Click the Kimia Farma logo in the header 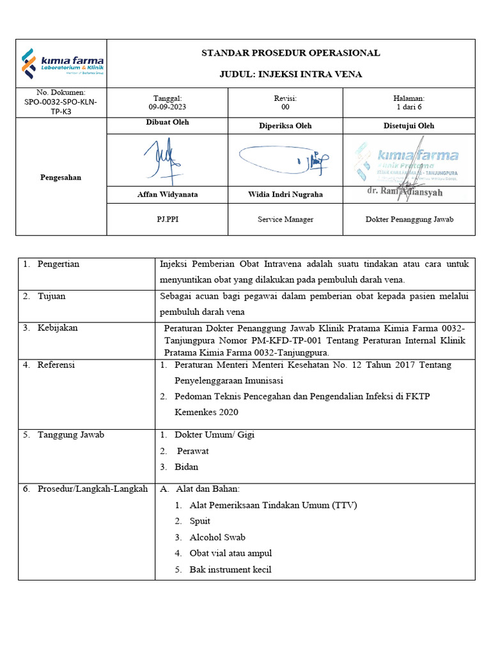coord(62,63)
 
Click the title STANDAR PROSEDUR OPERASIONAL coord(291,53)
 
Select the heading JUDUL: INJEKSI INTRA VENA coord(291,74)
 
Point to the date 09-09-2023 coord(167,108)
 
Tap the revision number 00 coord(285,108)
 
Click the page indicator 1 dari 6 coord(409,108)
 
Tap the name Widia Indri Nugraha coord(285,194)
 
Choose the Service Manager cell coord(285,219)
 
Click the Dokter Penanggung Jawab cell coord(409,219)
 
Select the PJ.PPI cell coord(167,219)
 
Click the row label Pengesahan coord(61,178)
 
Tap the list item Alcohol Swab coord(217,537)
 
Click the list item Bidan coord(186,467)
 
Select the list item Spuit coord(199,521)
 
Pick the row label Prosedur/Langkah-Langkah coord(92,489)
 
